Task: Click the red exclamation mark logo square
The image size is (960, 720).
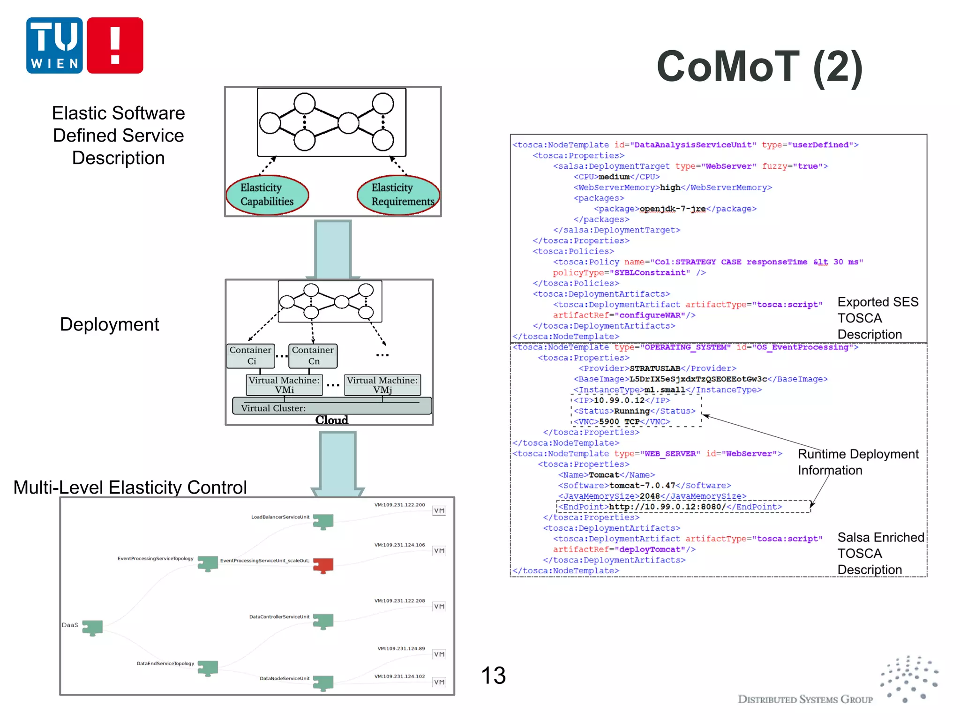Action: [115, 45]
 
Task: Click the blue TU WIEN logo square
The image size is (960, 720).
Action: [54, 45]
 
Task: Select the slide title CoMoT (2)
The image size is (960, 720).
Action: [759, 67]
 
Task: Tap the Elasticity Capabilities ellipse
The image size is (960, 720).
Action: [267, 195]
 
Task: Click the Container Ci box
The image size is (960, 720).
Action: [251, 356]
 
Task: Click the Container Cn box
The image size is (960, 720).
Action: [313, 356]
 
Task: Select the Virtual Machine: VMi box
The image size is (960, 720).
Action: [284, 385]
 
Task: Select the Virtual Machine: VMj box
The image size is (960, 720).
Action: [382, 385]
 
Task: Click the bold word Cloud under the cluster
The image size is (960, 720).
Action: [332, 420]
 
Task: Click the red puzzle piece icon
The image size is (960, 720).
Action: [323, 565]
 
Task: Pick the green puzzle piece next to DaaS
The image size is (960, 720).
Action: [92, 627]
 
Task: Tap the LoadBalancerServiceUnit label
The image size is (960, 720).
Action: [280, 517]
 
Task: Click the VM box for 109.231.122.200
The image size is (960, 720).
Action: [439, 511]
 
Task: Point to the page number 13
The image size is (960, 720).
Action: [493, 675]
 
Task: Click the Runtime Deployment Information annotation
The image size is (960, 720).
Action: [858, 462]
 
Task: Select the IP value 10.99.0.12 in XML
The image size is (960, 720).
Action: [619, 400]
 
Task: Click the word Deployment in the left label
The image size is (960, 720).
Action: [109, 324]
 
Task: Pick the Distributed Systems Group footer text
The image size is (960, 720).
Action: [805, 699]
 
